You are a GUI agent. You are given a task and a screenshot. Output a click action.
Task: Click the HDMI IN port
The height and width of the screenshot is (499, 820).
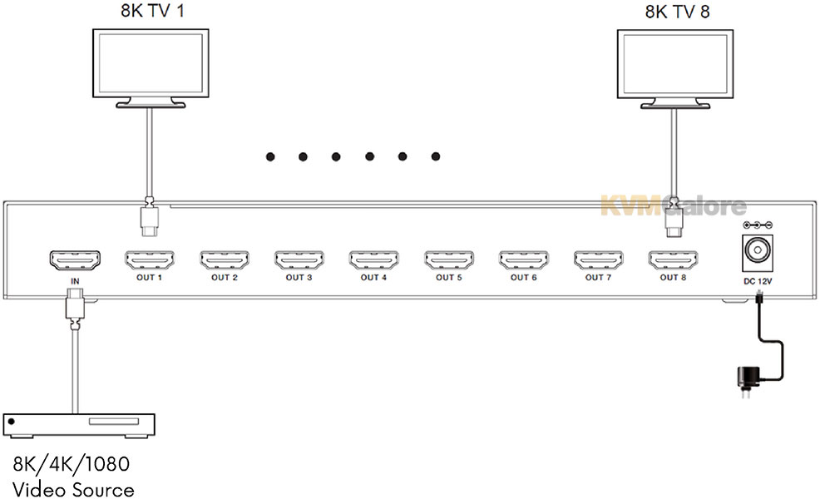[75, 260]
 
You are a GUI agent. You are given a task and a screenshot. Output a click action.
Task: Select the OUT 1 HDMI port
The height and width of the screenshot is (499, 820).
[149, 260]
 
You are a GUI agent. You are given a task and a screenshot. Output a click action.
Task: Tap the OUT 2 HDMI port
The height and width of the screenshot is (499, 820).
[224, 260]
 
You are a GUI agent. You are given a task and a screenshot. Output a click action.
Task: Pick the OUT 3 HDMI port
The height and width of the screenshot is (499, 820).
[299, 260]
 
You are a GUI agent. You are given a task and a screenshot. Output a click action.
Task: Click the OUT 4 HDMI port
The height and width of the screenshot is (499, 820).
[373, 260]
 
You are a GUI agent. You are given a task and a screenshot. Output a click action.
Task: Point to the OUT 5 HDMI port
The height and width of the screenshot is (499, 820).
[448, 260]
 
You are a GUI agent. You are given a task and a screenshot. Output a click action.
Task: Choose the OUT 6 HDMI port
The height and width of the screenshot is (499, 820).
[523, 260]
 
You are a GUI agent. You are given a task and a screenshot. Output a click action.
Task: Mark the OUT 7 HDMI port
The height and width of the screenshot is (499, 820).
[598, 260]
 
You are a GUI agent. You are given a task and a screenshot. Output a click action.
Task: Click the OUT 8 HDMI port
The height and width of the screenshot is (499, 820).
[673, 260]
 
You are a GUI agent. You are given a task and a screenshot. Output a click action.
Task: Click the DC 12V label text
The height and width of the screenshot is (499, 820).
[758, 281]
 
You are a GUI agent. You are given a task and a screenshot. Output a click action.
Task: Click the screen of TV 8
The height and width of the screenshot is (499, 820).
[675, 64]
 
